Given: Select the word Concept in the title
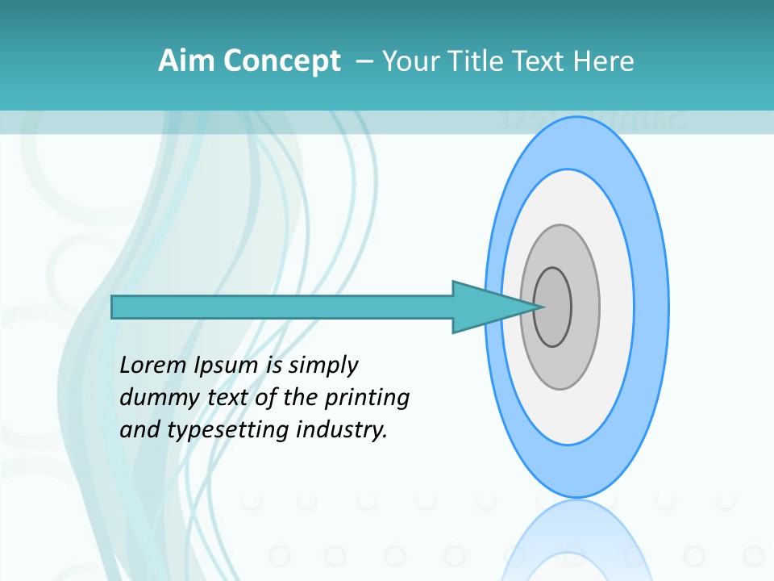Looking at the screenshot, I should (x=282, y=61).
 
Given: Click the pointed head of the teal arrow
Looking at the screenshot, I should (x=492, y=307).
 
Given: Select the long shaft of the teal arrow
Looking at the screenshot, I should (x=282, y=307).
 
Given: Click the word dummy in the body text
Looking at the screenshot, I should (x=158, y=399).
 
